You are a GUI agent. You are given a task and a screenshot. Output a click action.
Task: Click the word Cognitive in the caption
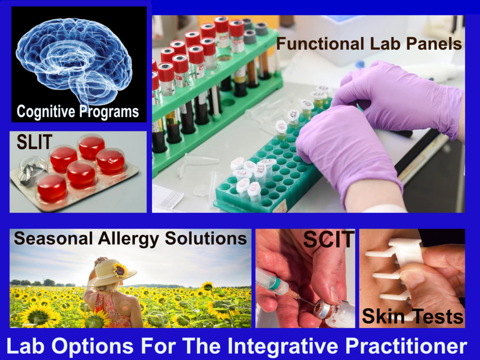point(44,112)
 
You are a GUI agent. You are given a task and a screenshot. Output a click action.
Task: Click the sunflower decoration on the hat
point(121,269)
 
